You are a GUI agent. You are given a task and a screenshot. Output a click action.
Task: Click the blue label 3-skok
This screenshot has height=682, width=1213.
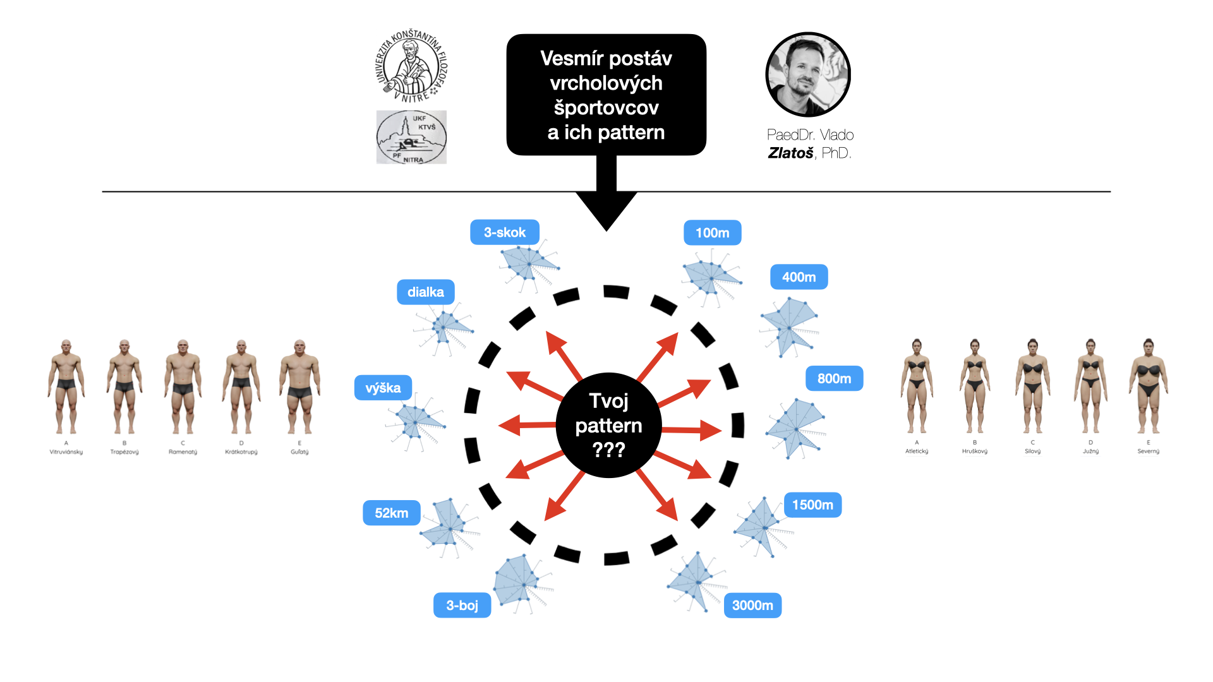click(x=504, y=232)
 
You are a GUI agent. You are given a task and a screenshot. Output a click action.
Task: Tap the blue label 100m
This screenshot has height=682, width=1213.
click(x=712, y=233)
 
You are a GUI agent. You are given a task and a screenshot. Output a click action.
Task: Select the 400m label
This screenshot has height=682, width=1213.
click(x=799, y=277)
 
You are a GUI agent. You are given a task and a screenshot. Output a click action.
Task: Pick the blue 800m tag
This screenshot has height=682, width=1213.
click(x=834, y=379)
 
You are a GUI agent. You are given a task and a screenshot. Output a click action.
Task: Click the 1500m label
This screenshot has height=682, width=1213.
click(x=812, y=505)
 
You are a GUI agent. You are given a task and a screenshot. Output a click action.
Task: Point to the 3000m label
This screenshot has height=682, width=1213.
click(x=752, y=606)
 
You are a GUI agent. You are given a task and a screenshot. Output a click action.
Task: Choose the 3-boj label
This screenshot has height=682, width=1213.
click(x=462, y=606)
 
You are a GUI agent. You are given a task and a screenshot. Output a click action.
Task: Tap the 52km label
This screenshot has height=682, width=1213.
click(x=391, y=513)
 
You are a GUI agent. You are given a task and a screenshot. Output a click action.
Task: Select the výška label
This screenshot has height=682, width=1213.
click(x=383, y=388)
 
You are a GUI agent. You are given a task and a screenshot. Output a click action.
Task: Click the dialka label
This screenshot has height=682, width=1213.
click(x=425, y=292)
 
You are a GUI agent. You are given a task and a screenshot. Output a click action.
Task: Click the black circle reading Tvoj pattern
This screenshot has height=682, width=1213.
click(x=608, y=425)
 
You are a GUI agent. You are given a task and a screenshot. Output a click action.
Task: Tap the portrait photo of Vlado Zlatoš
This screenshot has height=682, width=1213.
click(x=808, y=75)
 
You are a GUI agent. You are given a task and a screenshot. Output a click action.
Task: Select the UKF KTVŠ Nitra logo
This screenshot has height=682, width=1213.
click(x=411, y=138)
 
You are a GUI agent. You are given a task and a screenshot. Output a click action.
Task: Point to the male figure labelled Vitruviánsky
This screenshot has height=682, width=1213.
click(x=66, y=386)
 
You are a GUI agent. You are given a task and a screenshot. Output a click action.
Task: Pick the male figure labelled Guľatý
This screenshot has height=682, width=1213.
click(x=299, y=386)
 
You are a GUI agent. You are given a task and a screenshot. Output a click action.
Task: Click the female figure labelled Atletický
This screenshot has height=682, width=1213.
click(x=917, y=386)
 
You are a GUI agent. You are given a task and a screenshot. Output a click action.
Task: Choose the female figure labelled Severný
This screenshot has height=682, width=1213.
click(x=1148, y=386)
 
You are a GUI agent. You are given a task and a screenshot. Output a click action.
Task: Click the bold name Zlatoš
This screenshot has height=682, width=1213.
click(x=790, y=153)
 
